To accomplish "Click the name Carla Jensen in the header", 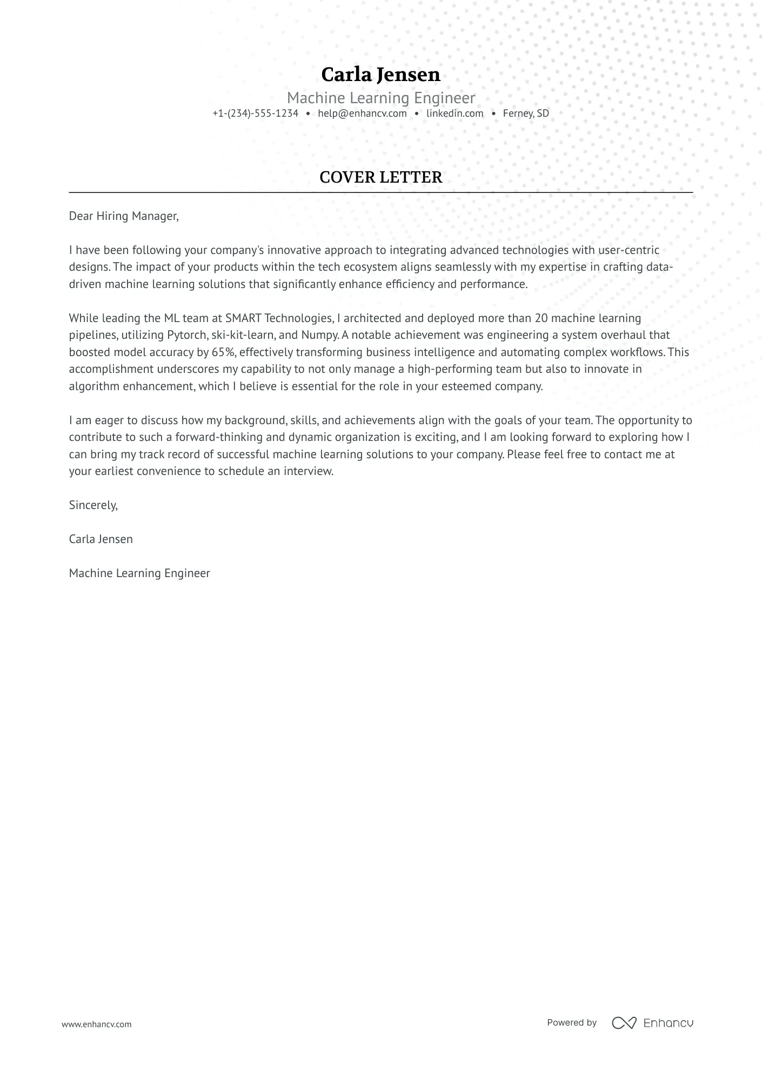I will tap(380, 75).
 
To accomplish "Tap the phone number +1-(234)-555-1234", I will tap(255, 113).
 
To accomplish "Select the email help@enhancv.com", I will tap(362, 113).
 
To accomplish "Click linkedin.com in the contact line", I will tap(454, 113).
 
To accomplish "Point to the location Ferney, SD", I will tap(525, 113).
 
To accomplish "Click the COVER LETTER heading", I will tap(380, 177).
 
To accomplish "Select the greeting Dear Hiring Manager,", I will tap(124, 216).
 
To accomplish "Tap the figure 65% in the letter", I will tap(223, 352).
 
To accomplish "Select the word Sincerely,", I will tap(93, 505).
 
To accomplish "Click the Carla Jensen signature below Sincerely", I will tap(101, 539).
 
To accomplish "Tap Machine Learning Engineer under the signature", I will tap(139, 573).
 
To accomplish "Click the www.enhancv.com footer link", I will tap(96, 1024).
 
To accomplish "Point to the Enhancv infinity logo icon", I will tap(624, 1023).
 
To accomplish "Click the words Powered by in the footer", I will tap(572, 1022).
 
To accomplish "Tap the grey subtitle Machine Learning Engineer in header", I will tap(380, 98).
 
